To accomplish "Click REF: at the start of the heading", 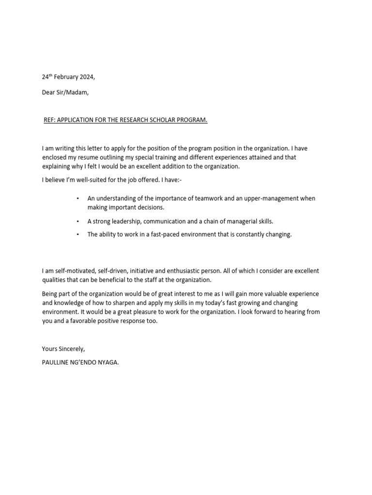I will (50, 120).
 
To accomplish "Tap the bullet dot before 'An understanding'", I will (77, 199).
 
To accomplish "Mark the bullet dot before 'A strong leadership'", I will (77, 221).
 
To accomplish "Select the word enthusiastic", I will (182, 271).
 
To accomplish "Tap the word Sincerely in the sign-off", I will (71, 348).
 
